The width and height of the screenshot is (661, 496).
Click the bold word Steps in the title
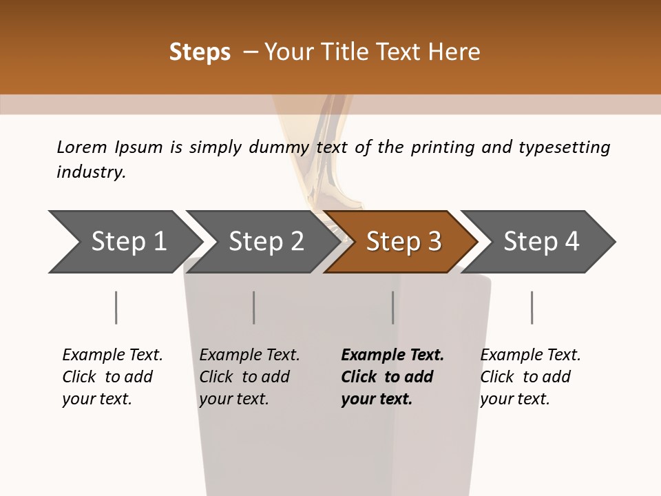tap(200, 52)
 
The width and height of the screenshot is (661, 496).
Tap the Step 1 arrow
tap(124, 242)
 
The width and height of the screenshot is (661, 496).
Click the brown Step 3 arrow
tap(403, 242)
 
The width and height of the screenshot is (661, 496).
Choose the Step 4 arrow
tap(541, 242)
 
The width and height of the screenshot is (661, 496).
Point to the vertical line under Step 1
tap(116, 307)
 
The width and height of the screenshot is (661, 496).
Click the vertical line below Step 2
tap(254, 307)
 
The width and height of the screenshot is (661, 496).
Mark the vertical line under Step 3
tap(392, 307)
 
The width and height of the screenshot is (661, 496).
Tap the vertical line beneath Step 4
tap(532, 307)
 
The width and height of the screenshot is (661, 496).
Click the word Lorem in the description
tap(81, 147)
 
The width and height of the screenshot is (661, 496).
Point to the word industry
tap(91, 172)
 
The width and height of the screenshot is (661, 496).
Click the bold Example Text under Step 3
tap(392, 355)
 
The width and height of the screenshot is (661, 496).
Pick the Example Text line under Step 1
tap(112, 355)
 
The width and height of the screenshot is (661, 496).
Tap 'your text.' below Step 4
tap(514, 399)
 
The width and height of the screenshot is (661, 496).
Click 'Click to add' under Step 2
tap(244, 377)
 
